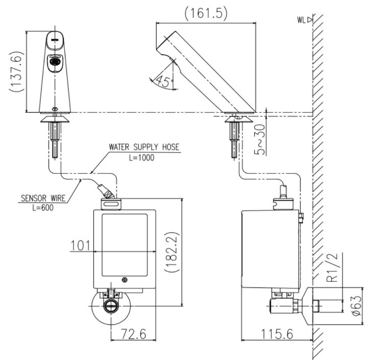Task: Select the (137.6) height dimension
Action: click(x=16, y=71)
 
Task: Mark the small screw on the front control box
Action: click(x=125, y=280)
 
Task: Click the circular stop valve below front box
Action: click(x=110, y=306)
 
